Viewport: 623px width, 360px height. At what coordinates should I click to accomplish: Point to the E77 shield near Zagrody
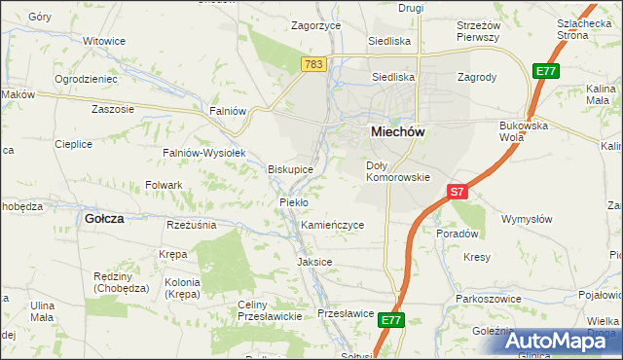tap(545, 70)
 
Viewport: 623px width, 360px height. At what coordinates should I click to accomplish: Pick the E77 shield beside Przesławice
tap(391, 319)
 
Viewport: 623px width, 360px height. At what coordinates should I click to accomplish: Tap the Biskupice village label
tap(290, 169)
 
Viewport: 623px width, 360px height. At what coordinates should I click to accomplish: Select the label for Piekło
tap(293, 201)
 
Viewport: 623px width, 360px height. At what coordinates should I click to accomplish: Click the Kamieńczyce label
tap(333, 225)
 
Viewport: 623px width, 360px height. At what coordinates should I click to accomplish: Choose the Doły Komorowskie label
tap(397, 171)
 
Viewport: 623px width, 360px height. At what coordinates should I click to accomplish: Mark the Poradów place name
tap(457, 234)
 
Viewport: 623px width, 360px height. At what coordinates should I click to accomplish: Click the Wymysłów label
tap(526, 219)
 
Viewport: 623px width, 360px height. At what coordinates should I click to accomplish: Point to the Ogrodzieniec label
tap(86, 78)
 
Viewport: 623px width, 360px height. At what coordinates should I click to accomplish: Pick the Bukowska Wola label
tap(526, 130)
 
